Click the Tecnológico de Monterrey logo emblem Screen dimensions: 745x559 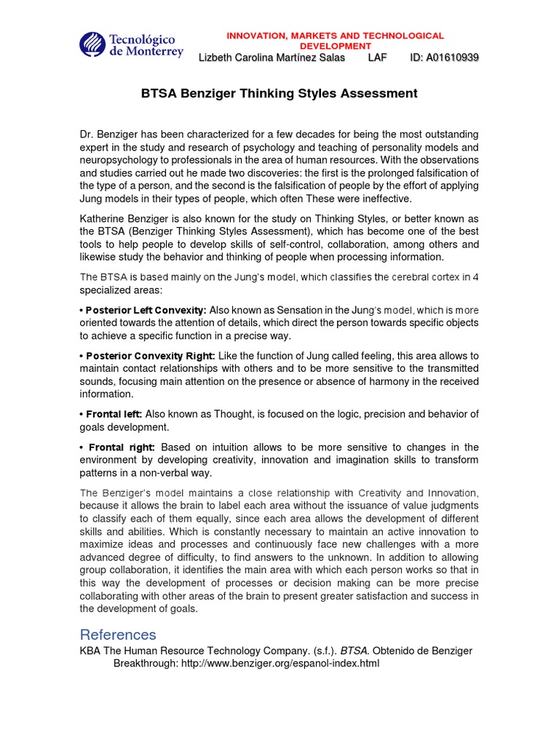[x=92, y=45]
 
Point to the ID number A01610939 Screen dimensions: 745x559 [x=445, y=57]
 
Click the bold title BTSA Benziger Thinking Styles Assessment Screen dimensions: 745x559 [x=279, y=93]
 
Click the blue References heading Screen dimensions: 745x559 [x=118, y=634]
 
